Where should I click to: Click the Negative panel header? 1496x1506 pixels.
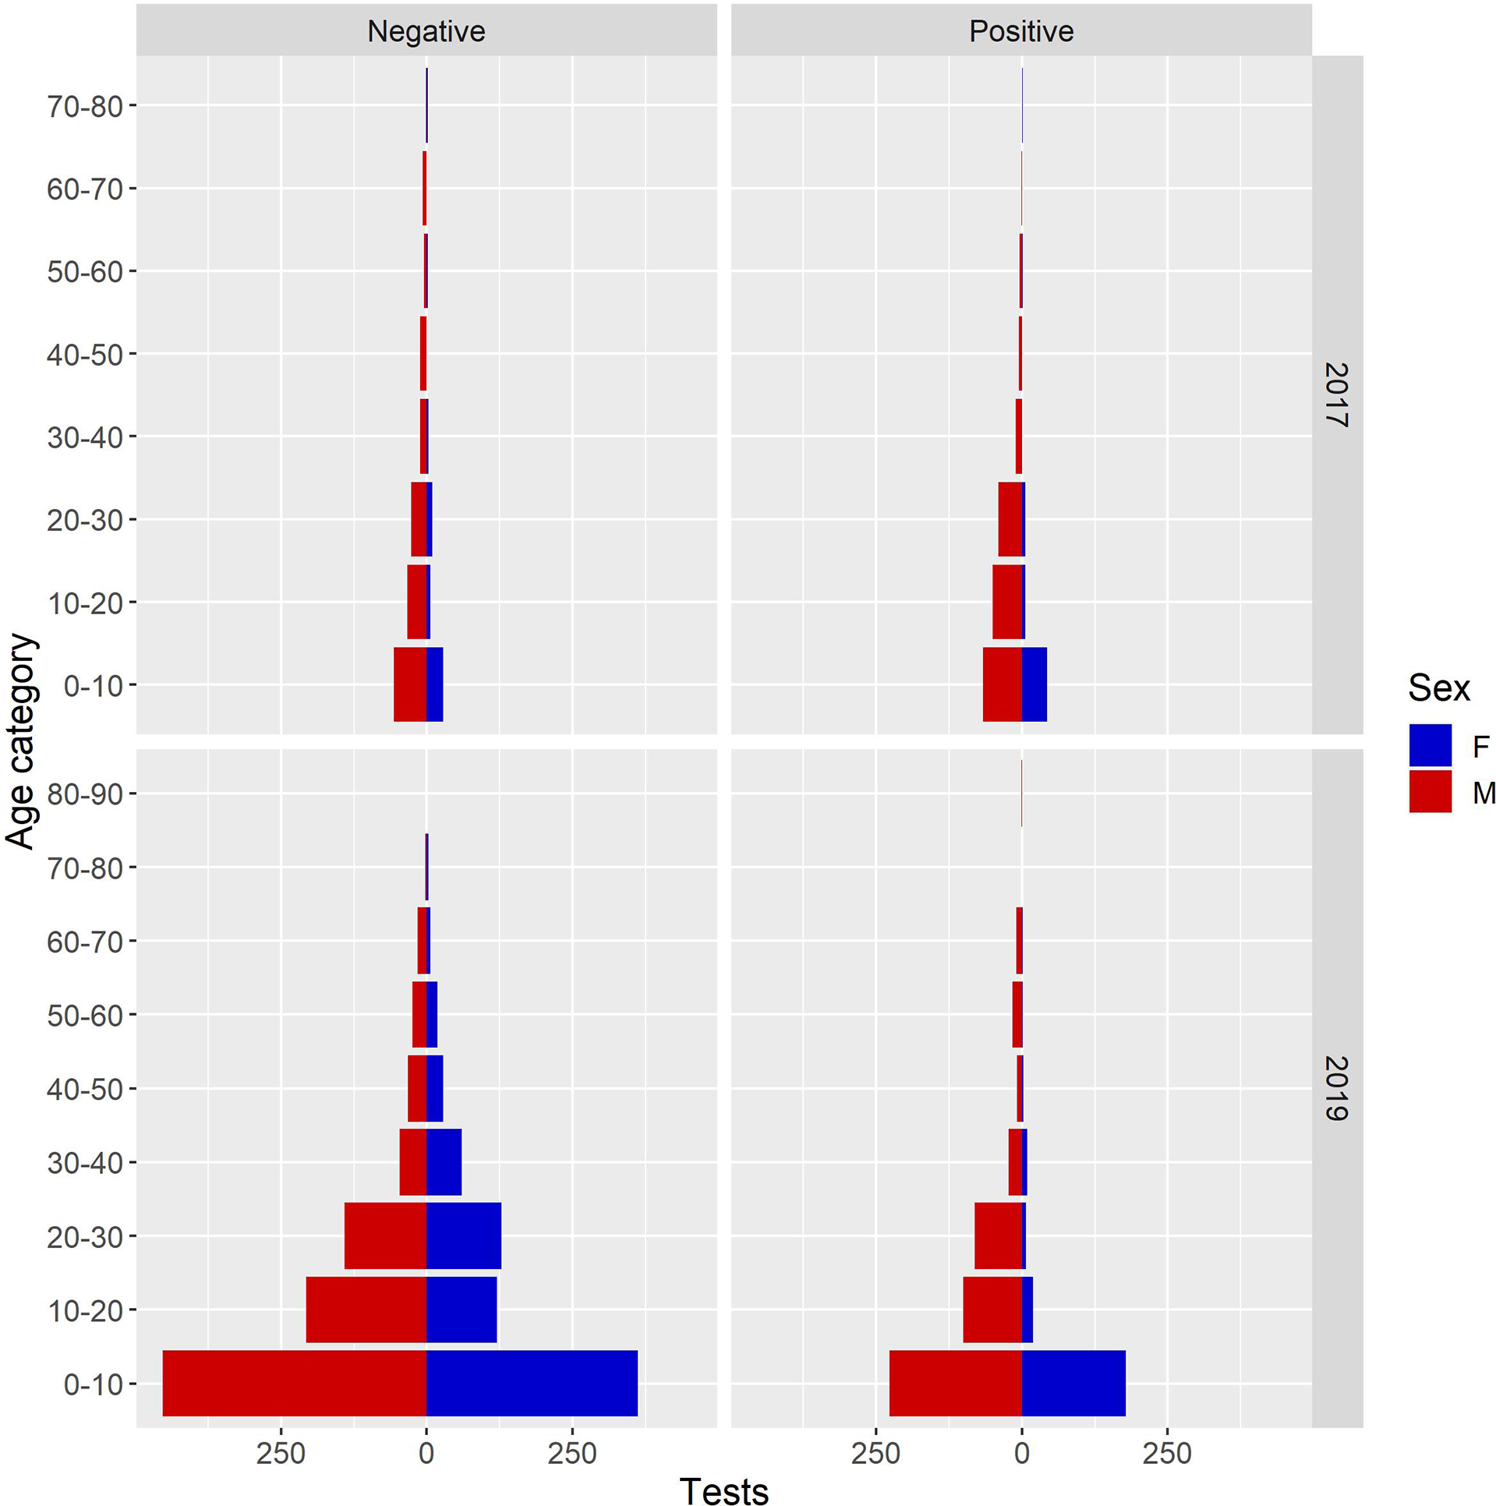426,31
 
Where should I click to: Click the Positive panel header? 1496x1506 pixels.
1020,31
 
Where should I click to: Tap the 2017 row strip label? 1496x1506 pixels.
1336,394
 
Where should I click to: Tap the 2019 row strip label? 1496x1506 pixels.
1336,1088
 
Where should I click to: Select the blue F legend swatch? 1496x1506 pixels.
1430,745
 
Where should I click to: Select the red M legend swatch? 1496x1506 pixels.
1430,791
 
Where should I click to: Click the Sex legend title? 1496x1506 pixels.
1438,688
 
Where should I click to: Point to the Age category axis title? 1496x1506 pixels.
21,741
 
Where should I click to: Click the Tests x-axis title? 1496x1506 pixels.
723,1490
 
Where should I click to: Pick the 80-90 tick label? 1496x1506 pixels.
85,794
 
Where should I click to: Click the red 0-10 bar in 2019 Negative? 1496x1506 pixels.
294,1383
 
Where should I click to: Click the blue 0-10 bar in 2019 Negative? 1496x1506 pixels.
532,1383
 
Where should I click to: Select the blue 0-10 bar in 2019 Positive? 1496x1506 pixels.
1073,1383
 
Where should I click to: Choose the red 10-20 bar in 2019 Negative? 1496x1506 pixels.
366,1310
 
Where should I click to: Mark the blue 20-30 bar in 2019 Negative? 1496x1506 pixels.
464,1236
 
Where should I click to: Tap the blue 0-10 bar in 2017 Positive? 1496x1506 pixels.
1034,684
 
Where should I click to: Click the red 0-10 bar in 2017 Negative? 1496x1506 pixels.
409,684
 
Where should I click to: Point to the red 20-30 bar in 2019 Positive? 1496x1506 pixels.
998,1236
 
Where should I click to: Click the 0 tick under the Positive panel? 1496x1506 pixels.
1021,1454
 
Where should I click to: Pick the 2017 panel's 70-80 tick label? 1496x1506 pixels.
85,107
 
